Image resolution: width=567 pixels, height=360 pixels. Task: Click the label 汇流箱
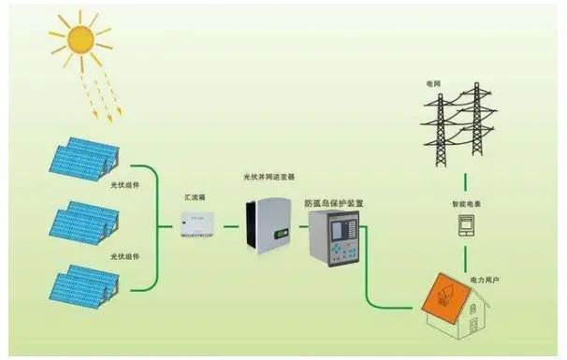(x=194, y=199)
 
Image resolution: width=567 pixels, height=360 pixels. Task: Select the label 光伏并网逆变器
(x=269, y=176)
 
